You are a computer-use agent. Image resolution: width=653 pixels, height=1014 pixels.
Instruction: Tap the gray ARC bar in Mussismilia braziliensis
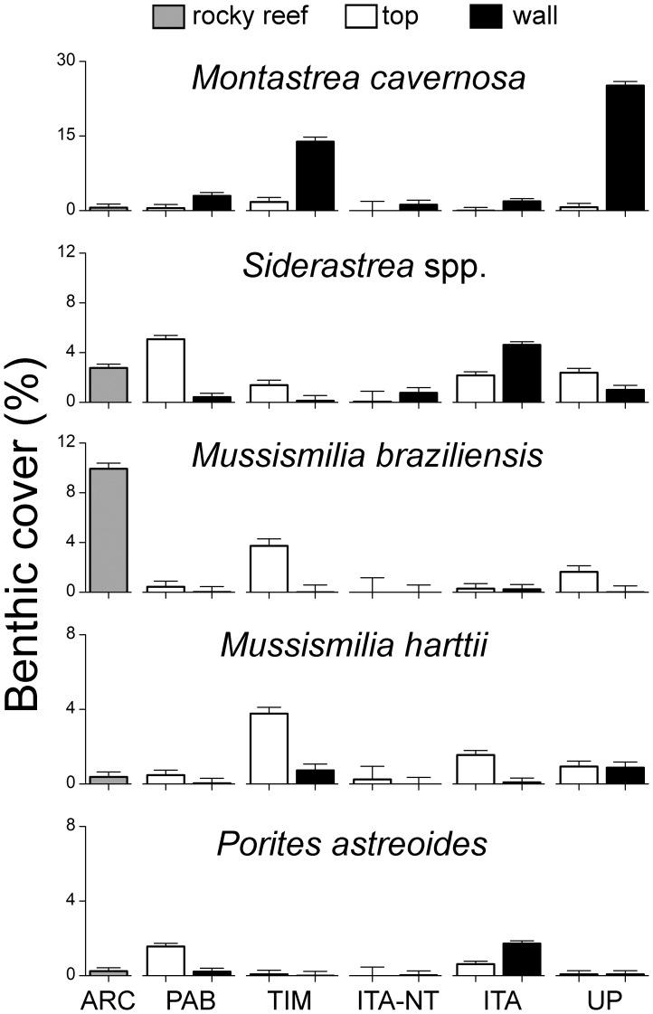coord(108,530)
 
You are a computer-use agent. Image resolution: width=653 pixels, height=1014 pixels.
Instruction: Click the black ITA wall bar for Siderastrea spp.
coord(521,373)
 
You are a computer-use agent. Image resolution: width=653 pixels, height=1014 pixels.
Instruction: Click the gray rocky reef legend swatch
coord(166,15)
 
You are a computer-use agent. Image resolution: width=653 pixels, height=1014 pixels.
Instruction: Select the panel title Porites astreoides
coord(353,844)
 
